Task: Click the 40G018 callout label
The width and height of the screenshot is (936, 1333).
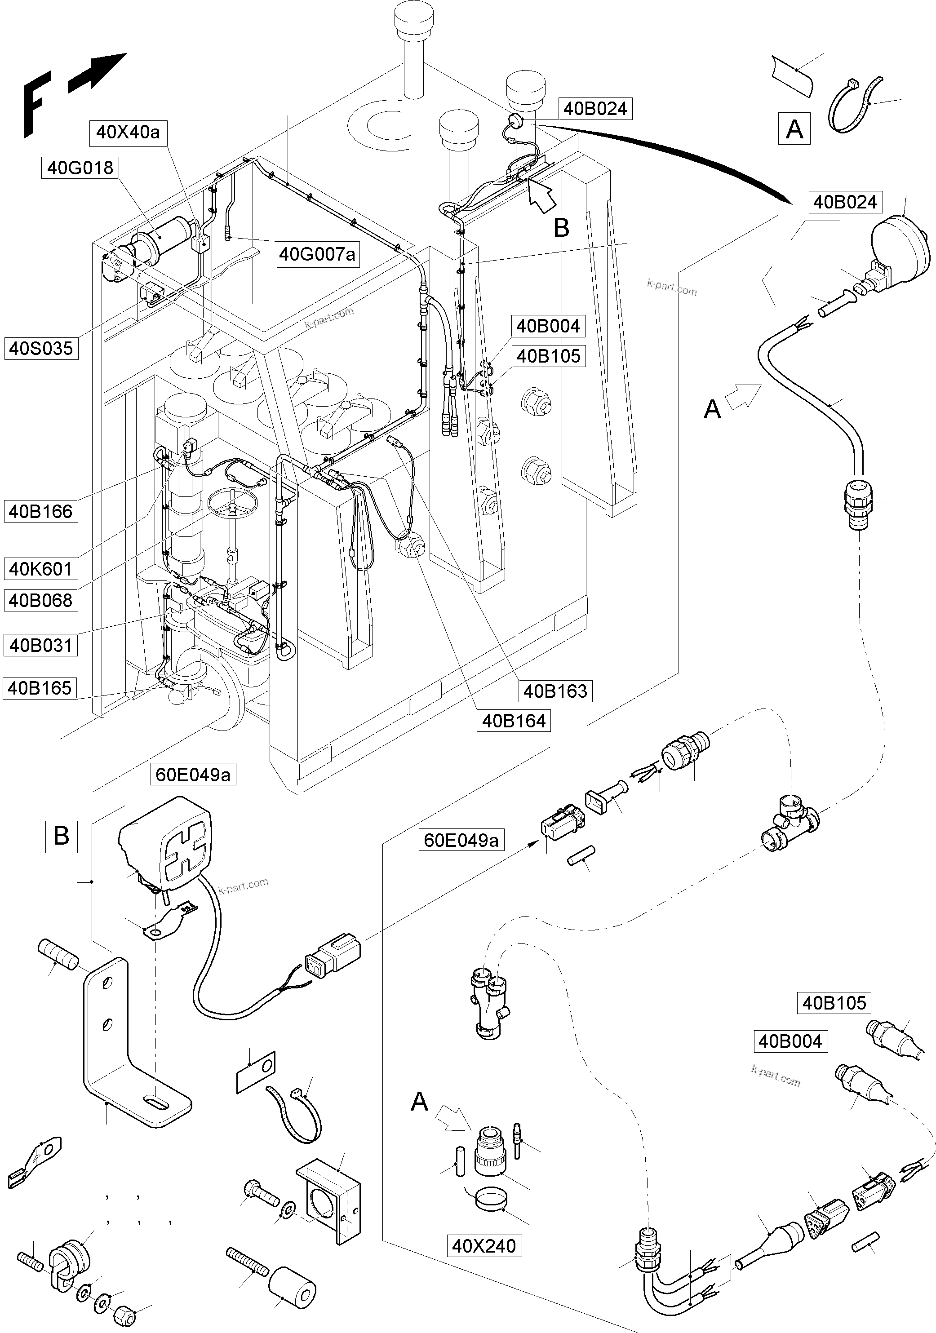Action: coord(80,168)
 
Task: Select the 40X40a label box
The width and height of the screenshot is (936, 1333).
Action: coord(127,133)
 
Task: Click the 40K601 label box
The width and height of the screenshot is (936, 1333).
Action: coord(40,568)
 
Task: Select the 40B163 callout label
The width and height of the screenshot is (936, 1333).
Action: coord(555,691)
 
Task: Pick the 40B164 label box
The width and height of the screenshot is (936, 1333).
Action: coord(513,721)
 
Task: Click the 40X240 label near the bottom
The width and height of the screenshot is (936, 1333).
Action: coord(484,1246)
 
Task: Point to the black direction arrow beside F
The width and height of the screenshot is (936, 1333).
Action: coord(96,73)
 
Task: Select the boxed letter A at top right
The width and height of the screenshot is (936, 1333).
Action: coord(794,129)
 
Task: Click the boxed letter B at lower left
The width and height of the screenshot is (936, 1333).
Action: coord(61,836)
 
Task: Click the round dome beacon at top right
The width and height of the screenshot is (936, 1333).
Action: coord(900,244)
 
